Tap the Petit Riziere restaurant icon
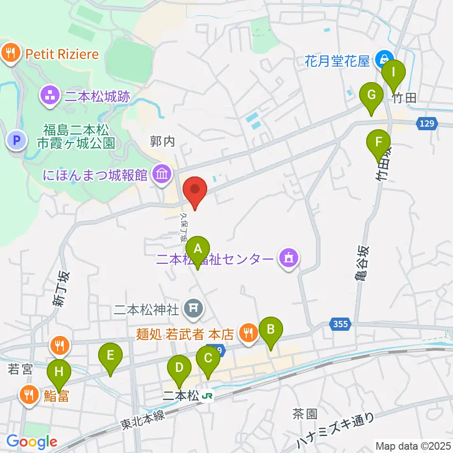click(x=10, y=53)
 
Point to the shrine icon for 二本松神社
click(x=193, y=309)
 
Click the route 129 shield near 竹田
click(x=425, y=124)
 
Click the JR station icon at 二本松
click(x=206, y=396)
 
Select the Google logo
click(x=32, y=442)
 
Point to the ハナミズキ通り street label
click(x=336, y=431)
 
